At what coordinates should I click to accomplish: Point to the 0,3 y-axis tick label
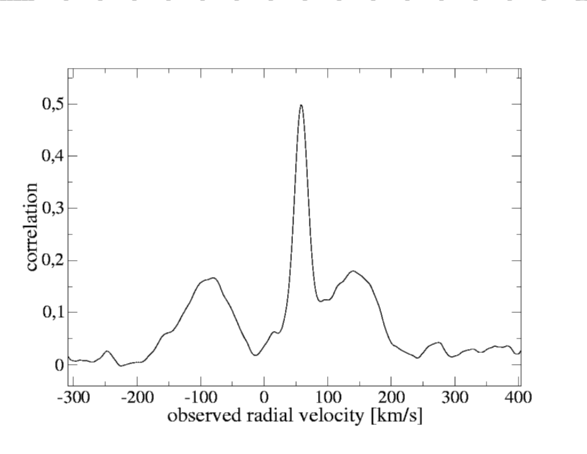[53, 208]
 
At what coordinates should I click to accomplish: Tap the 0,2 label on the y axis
[53, 260]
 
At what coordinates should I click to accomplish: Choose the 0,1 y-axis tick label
[53, 313]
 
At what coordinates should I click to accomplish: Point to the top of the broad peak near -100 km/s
[213, 277]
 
